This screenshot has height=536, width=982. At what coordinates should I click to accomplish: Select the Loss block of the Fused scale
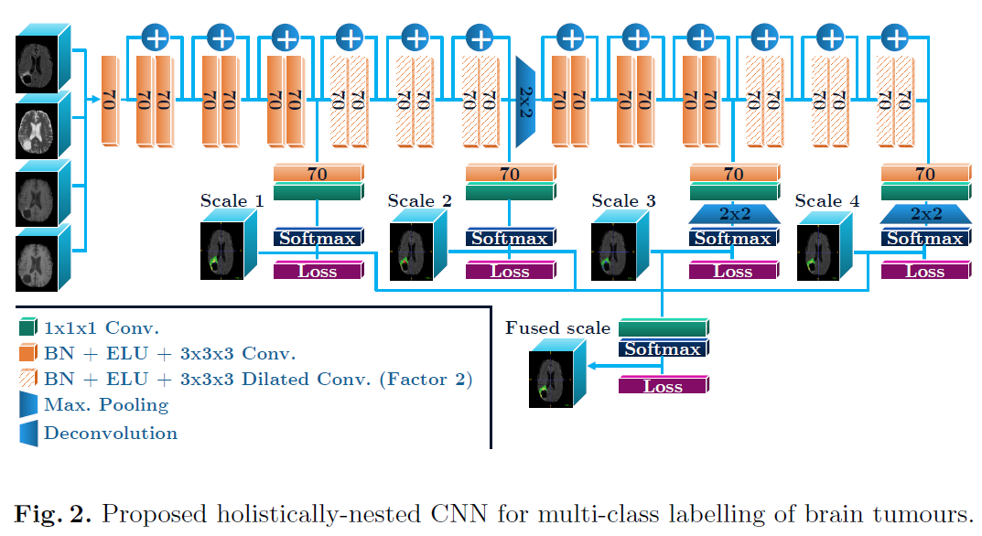[x=663, y=387]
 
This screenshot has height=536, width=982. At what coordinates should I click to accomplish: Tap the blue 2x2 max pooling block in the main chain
[x=525, y=101]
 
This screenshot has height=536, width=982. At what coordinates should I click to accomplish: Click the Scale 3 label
[x=623, y=201]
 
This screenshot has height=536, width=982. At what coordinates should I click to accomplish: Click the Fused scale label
[x=557, y=328]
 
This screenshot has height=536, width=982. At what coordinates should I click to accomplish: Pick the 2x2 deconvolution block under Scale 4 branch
[x=925, y=214]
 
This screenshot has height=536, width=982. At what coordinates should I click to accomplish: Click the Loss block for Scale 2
[x=509, y=272]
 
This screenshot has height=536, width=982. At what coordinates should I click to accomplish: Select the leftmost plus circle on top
[x=156, y=38]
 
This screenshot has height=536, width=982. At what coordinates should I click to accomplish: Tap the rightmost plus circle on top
[x=894, y=38]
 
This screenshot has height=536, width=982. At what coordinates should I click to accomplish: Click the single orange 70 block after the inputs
[x=109, y=101]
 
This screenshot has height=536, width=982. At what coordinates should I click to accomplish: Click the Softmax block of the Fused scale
[x=663, y=349]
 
